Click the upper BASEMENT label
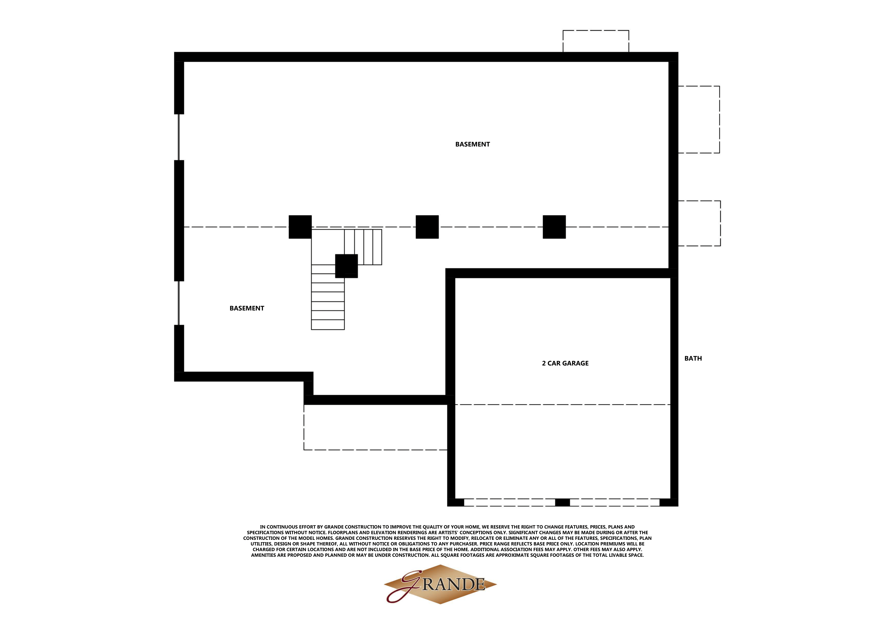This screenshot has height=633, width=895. coord(472,144)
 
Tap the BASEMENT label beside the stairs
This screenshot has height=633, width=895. coord(247,308)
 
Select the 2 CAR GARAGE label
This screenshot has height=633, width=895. coord(565,363)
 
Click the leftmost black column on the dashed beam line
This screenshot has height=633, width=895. coord(300,227)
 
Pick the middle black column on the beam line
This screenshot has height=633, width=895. coord(427,227)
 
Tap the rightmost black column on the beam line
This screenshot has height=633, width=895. coord(554,227)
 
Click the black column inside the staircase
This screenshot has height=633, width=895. coord(346,266)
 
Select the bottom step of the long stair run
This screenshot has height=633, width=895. coord(328,325)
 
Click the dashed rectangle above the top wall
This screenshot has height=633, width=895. coord(596,41)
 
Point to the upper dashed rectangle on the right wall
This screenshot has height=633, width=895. coord(699,120)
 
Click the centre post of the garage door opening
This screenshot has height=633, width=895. coord(562,502)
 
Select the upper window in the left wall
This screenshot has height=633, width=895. coord(179,137)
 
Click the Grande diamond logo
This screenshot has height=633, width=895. coord(440,584)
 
